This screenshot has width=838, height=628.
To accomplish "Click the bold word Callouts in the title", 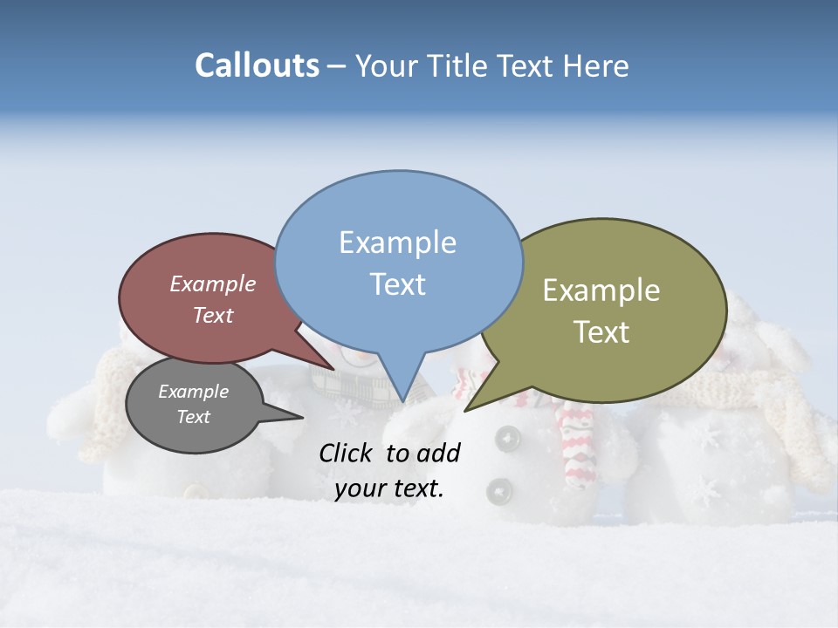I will coord(257,65).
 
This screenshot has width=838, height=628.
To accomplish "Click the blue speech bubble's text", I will coord(398,263).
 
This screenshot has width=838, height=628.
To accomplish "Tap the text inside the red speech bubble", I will coord(213,299).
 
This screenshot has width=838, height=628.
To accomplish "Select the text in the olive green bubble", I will coord(601,311).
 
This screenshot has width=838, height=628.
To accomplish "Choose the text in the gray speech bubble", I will coord(194,404).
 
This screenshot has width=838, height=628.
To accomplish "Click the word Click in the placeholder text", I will coord(347,453).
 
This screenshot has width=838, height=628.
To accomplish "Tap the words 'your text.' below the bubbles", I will coord(389,488).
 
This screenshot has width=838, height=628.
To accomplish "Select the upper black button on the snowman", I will coord(505,438).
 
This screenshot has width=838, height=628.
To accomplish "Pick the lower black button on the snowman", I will coord(499,491).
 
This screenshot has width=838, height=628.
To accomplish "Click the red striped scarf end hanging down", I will coord(576,445).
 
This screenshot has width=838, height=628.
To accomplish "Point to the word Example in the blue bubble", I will coord(398,242).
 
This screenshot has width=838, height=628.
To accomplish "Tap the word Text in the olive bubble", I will coord(602,331).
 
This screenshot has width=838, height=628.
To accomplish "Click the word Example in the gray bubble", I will coord(194,392).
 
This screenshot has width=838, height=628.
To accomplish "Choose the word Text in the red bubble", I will coord(213,315).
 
